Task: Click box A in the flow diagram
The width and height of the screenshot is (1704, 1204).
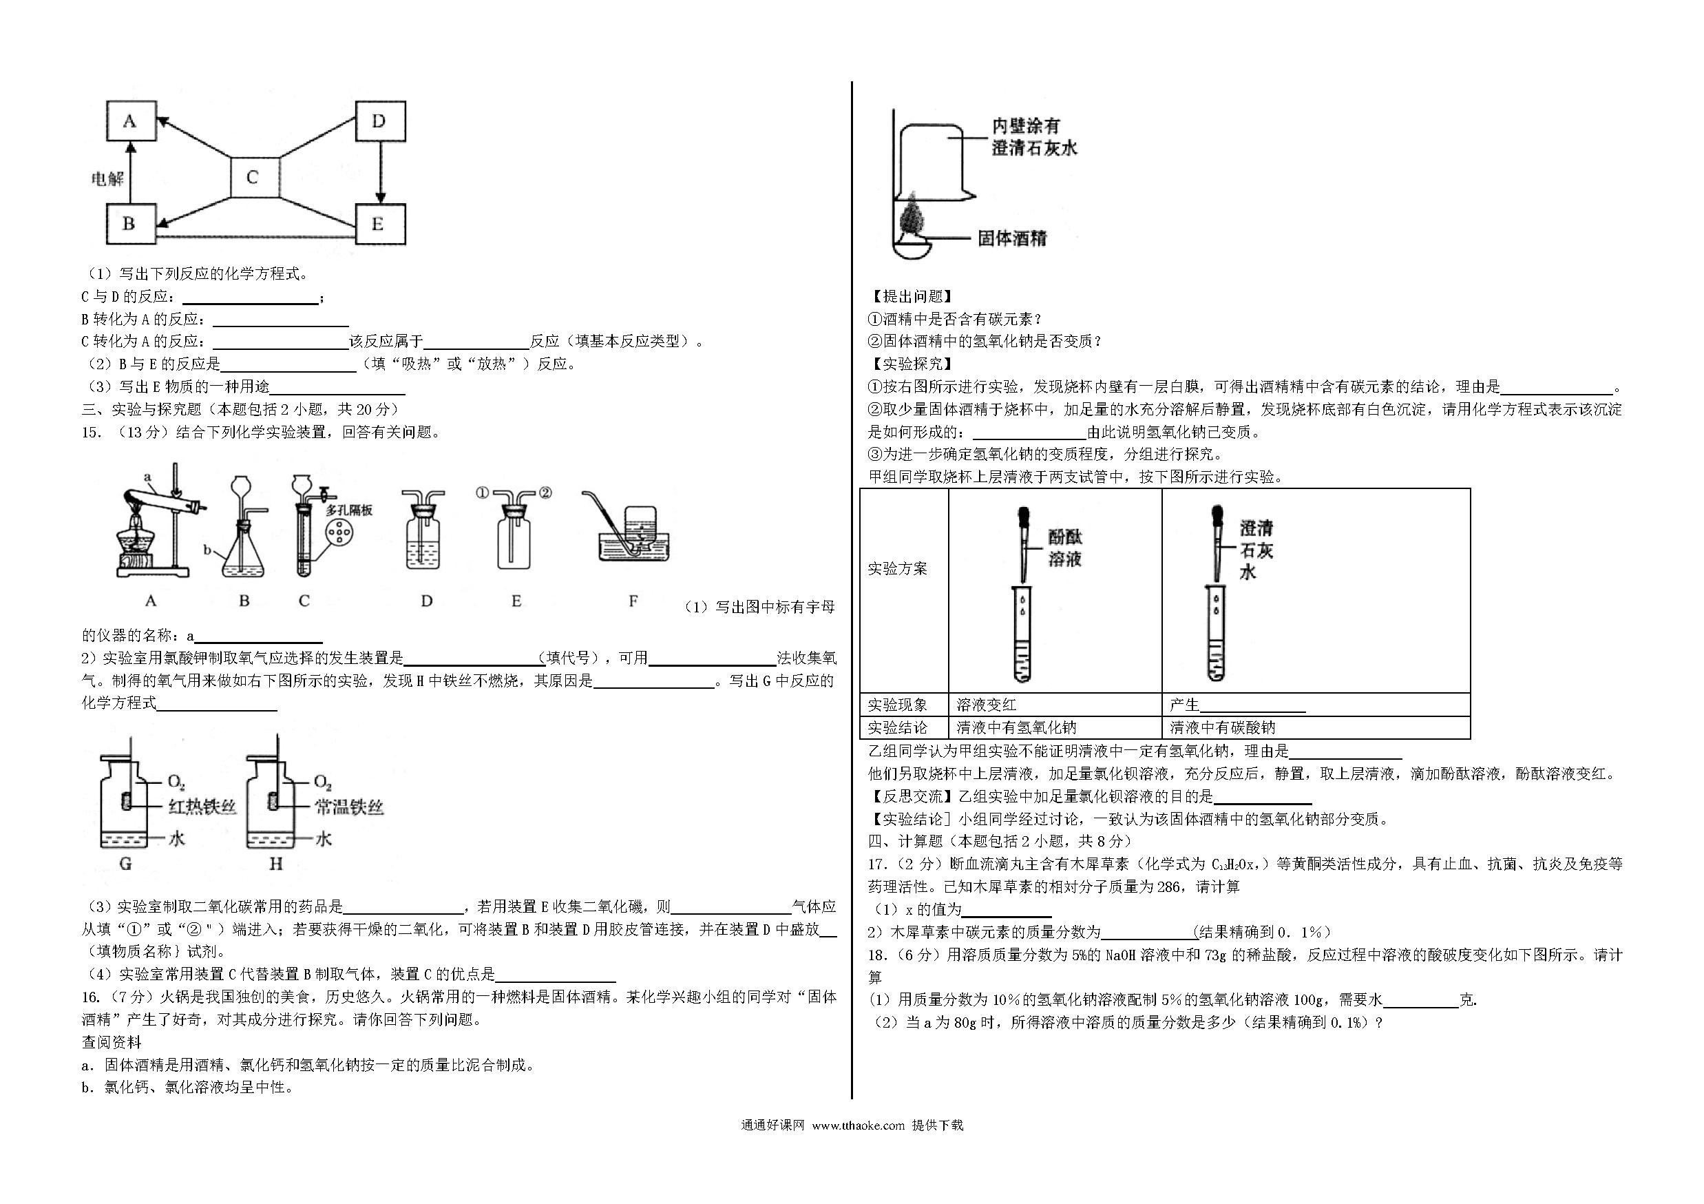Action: (132, 121)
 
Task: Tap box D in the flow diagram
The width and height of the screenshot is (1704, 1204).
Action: (380, 121)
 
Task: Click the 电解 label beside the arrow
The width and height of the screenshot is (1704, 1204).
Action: (107, 178)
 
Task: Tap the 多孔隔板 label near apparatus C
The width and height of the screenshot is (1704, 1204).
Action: (349, 510)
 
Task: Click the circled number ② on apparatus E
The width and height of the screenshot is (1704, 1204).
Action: (545, 492)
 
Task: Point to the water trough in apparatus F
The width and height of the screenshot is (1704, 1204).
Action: (634, 549)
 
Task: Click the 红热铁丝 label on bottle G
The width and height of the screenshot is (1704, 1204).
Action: (202, 807)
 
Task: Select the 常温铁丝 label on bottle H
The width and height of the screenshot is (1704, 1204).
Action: (348, 807)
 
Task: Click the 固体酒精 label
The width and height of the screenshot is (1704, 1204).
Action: (1011, 238)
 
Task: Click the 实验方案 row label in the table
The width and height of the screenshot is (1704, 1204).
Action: (897, 569)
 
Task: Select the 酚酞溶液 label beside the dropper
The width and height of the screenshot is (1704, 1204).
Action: (1065, 548)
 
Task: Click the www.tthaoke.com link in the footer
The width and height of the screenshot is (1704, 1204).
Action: (858, 1125)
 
